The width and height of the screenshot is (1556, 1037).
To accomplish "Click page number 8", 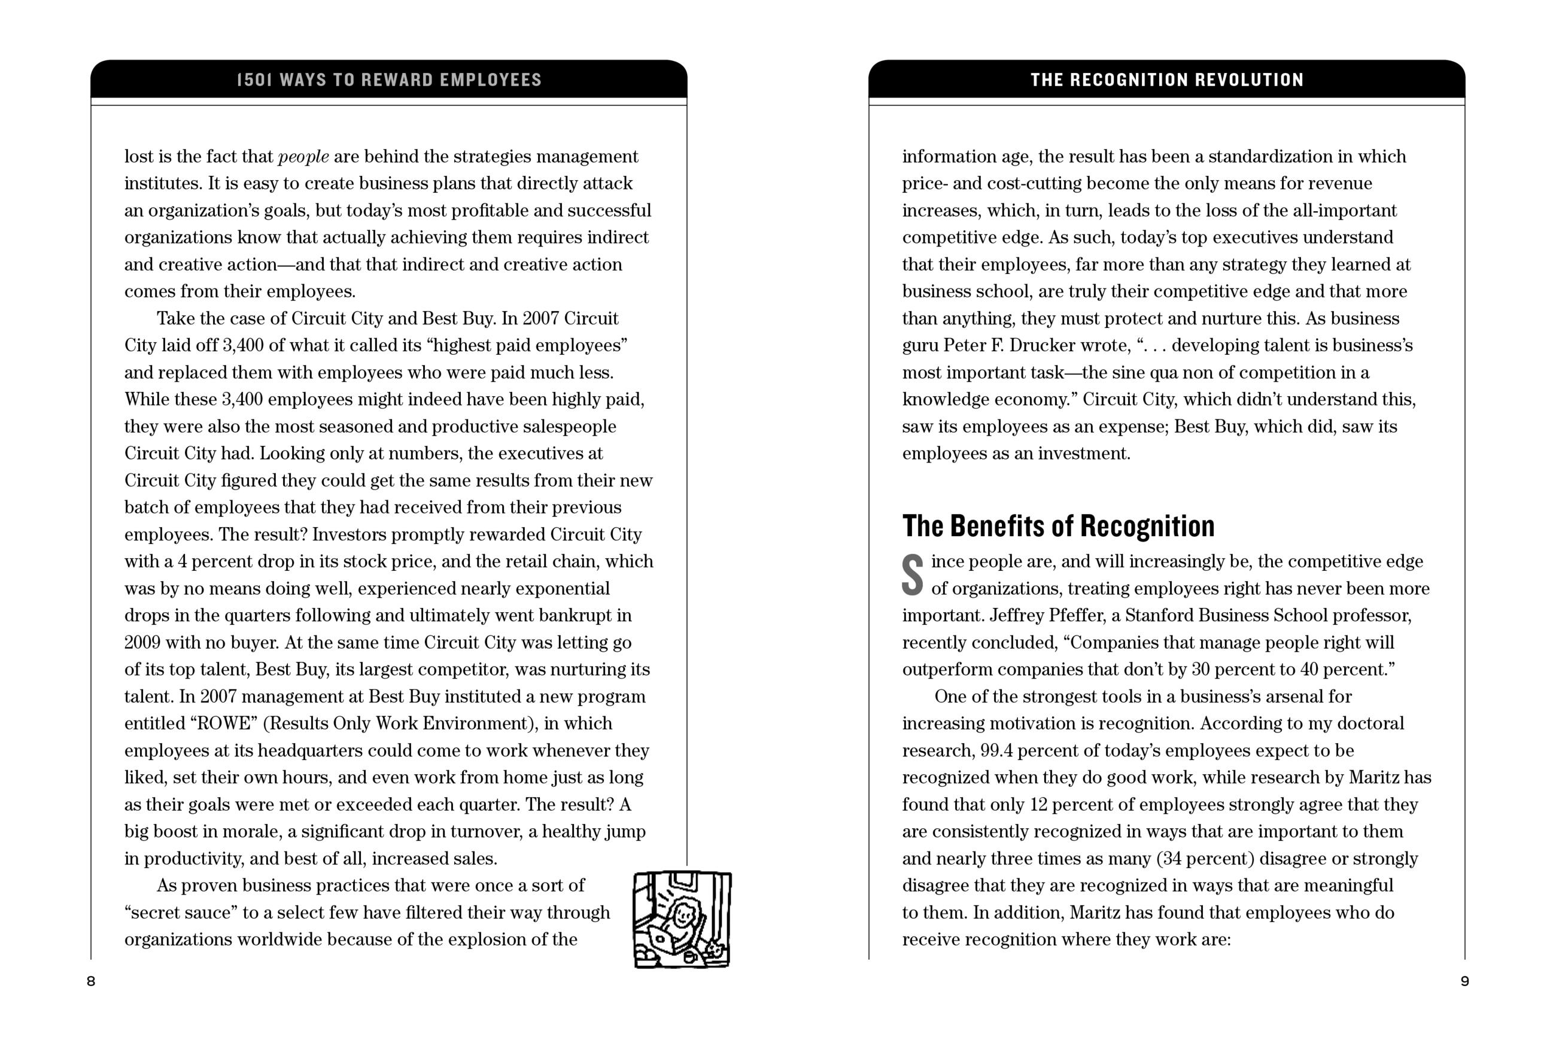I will click(91, 981).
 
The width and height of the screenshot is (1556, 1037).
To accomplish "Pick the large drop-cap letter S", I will click(913, 574).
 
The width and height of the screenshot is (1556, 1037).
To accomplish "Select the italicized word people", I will click(303, 157).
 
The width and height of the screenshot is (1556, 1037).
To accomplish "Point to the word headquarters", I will click(310, 750).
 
